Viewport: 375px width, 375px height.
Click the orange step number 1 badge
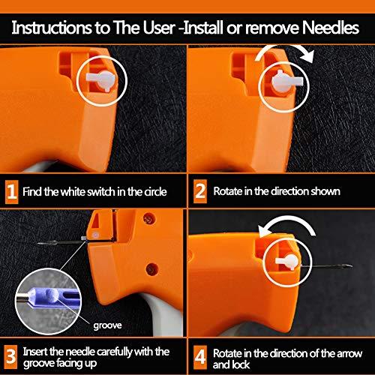pos(11,192)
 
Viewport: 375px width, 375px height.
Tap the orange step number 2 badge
pos(200,191)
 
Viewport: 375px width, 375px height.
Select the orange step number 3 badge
pos(11,357)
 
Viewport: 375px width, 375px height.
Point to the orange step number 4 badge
pos(200,357)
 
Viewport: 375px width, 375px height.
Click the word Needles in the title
pos(331,28)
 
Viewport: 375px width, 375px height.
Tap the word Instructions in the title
pos(52,28)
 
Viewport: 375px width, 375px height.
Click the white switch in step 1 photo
pos(101,80)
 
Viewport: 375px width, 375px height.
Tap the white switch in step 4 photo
pos(287,262)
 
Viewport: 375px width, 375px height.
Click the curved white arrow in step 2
pos(285,47)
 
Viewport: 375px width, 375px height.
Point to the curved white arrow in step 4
pos(287,219)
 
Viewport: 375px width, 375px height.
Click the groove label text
pos(107,325)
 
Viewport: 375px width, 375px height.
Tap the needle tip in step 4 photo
pos(351,266)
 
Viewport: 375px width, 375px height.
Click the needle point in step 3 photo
pos(39,243)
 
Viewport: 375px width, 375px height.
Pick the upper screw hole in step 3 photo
pos(149,219)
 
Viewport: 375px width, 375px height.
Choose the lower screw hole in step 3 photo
pos(152,269)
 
